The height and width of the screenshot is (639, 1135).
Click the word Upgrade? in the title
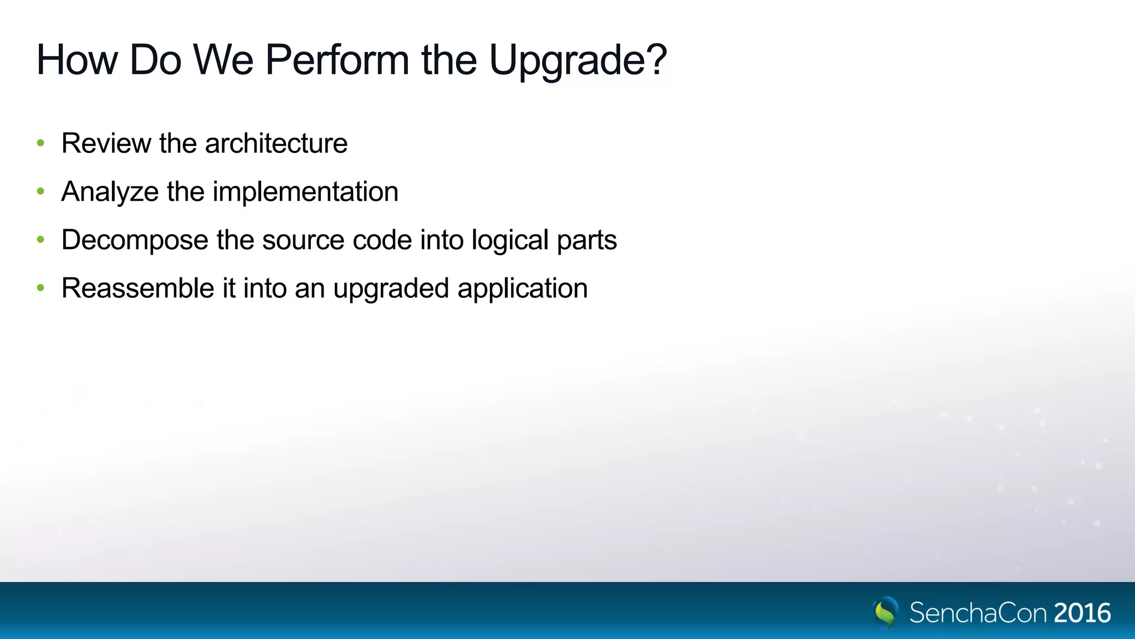577,60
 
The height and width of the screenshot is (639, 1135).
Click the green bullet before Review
40,143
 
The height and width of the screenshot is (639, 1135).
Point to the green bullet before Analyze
40,191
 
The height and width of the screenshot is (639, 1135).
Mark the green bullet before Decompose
40,240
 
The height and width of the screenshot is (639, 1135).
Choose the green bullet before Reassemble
40,288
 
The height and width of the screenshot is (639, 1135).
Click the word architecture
276,144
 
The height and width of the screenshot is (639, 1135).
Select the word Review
106,144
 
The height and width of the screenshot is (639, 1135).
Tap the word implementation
305,192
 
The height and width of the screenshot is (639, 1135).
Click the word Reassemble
137,288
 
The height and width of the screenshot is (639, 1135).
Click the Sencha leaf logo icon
885,612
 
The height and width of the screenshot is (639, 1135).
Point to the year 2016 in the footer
1082,613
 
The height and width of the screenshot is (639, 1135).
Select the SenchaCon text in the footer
978,613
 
